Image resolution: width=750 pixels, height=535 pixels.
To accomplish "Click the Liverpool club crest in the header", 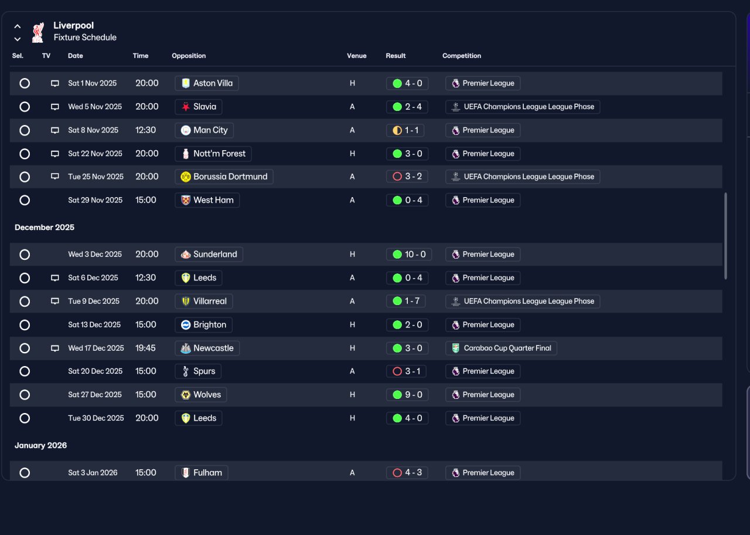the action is (x=38, y=32).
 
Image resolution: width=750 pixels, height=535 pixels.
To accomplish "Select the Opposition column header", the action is (x=189, y=56).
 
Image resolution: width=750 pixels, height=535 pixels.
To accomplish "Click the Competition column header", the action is (x=461, y=56).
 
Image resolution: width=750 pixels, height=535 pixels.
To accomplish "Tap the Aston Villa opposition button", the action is (x=207, y=83).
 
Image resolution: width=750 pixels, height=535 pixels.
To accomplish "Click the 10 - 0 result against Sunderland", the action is (x=409, y=255).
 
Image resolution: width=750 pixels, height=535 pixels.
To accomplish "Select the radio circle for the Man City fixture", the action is (x=25, y=130).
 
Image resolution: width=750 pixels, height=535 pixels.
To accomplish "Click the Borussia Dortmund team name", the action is (x=230, y=177).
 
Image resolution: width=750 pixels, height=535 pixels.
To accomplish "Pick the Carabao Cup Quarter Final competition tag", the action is (x=501, y=348).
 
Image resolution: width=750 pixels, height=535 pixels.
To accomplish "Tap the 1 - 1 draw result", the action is (x=405, y=130).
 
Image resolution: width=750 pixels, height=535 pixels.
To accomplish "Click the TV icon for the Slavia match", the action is (x=55, y=107).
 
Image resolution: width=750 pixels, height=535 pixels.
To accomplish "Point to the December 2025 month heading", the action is (x=45, y=227).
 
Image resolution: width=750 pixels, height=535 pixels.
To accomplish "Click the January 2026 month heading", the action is (x=40, y=445).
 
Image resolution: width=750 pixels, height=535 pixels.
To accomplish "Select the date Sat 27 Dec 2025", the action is (x=95, y=395).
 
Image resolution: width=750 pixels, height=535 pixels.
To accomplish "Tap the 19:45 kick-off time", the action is (x=145, y=348).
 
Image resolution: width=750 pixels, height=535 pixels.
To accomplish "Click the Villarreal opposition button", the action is (x=203, y=301).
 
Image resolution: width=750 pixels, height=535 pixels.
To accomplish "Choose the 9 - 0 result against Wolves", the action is (x=407, y=395).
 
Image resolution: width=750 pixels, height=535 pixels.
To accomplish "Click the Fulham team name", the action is (x=207, y=473).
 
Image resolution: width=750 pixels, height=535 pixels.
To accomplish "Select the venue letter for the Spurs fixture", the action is (x=352, y=371).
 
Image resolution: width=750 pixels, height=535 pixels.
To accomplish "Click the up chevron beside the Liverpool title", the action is (x=18, y=26).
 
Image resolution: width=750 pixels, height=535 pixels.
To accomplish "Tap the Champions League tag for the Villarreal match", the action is (x=522, y=301).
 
